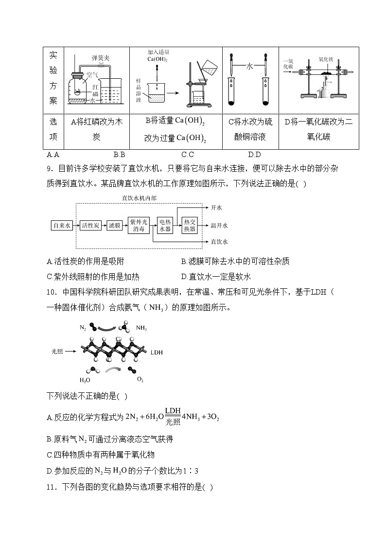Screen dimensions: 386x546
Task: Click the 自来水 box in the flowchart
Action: pyautogui.click(x=62, y=225)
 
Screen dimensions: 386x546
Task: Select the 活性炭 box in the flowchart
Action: pyautogui.click(x=90, y=225)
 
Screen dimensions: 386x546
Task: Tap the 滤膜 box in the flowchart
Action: pyautogui.click(x=115, y=225)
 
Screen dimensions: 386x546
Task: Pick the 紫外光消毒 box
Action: pyautogui.click(x=139, y=225)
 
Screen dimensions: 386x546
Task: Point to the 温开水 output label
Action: pyautogui.click(x=219, y=225)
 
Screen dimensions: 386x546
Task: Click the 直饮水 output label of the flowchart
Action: pyautogui.click(x=219, y=241)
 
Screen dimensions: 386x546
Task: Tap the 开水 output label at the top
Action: pyautogui.click(x=216, y=208)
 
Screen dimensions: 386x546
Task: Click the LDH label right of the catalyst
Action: pyautogui.click(x=157, y=351)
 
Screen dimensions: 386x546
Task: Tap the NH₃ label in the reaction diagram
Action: pyautogui.click(x=141, y=328)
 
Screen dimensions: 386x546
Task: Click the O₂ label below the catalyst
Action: pyautogui.click(x=140, y=379)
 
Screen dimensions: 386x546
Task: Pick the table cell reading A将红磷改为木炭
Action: pyautogui.click(x=96, y=129)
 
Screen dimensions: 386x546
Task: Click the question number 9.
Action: pyautogui.click(x=49, y=169)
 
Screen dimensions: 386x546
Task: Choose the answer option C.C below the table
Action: pyautogui.click(x=188, y=155)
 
